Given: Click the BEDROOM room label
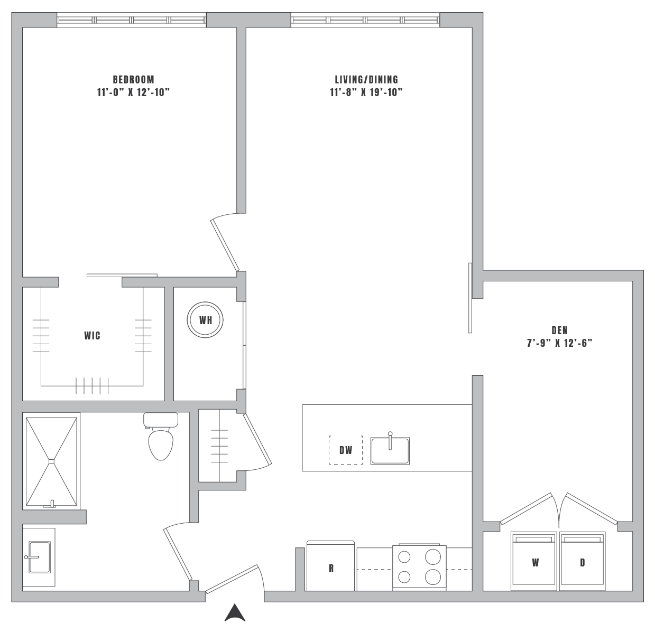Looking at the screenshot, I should click(133, 80).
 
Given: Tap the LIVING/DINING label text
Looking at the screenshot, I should click(366, 80).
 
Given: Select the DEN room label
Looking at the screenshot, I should click(559, 330).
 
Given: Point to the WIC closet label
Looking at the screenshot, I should click(92, 336).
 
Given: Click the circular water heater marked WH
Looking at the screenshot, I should click(205, 320).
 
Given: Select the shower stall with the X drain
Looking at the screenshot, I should click(51, 461).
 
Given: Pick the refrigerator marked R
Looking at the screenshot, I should click(330, 567).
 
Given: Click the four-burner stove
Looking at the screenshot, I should click(419, 567).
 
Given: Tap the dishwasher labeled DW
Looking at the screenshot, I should click(346, 450).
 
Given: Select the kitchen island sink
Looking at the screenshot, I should click(390, 450).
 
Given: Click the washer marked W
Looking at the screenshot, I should click(534, 562).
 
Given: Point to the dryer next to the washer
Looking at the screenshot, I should click(582, 562).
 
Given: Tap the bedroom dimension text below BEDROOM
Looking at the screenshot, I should click(133, 92).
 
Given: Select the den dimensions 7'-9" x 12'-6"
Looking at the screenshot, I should click(559, 343).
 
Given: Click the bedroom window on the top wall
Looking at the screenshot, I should click(131, 20).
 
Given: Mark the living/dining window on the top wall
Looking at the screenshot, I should click(365, 20).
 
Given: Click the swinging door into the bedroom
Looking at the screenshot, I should click(225, 245).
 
